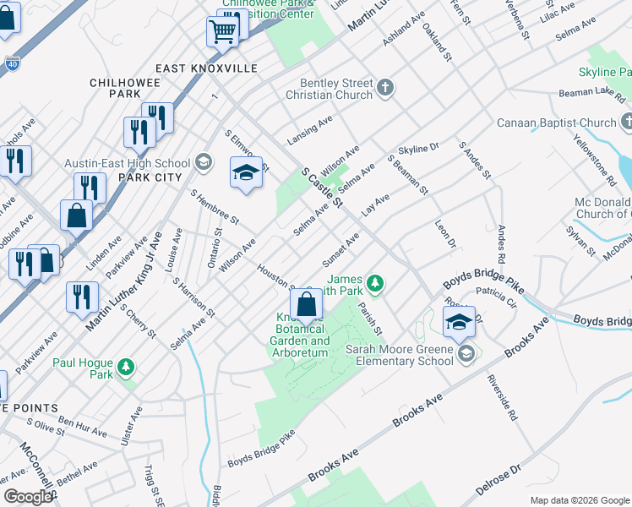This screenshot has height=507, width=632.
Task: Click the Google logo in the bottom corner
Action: (28, 497)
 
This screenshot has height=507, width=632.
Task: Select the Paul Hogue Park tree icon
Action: (125, 366)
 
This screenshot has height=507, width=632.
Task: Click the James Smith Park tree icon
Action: (379, 282)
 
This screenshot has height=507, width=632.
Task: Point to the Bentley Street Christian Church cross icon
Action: (385, 86)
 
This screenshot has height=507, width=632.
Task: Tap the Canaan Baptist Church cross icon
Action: (626, 123)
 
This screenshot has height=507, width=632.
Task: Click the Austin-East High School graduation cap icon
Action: (203, 161)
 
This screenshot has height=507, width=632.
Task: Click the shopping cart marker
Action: (221, 32)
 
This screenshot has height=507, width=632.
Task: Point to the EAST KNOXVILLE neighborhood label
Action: (206, 68)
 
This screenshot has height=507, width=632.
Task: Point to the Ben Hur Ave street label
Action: (84, 424)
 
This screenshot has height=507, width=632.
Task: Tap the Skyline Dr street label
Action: (419, 149)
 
